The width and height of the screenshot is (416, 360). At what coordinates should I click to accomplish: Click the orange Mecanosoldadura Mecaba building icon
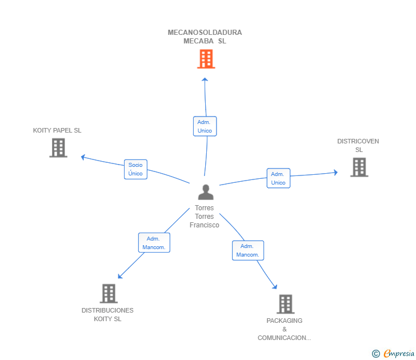point(206,59)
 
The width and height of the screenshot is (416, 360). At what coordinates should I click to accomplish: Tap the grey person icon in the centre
point(206,192)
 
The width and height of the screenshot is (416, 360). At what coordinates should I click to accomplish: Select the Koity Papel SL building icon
point(58,148)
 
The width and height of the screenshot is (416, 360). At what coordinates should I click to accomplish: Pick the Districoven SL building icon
point(359,167)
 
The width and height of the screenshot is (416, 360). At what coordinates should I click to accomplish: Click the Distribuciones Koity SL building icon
point(109,293)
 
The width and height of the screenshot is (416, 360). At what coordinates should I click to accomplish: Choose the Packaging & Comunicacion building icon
point(286,304)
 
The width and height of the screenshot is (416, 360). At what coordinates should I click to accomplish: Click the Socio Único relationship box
point(135,169)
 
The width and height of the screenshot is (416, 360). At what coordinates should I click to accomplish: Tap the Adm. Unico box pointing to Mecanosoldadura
point(205,126)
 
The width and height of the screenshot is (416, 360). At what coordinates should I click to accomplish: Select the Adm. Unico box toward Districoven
point(278,178)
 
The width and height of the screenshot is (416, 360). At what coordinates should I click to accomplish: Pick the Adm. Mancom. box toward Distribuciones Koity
point(154,243)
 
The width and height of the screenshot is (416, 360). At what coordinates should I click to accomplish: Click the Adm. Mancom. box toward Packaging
point(248,250)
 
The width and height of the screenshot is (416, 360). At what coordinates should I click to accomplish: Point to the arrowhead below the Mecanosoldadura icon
point(205,79)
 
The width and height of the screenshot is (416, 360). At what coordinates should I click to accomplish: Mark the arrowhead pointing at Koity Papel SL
point(83,157)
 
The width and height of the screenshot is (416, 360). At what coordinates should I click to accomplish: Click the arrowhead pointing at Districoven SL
point(335,173)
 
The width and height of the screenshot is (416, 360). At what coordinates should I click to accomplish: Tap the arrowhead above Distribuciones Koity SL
point(120,276)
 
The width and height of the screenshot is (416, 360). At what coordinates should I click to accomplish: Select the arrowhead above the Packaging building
point(275,286)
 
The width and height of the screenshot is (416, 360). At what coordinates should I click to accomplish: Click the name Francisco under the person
point(205,225)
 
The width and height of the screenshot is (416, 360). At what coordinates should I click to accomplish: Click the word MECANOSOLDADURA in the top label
point(205,33)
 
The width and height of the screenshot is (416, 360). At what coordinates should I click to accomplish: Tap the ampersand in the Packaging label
point(285,329)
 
